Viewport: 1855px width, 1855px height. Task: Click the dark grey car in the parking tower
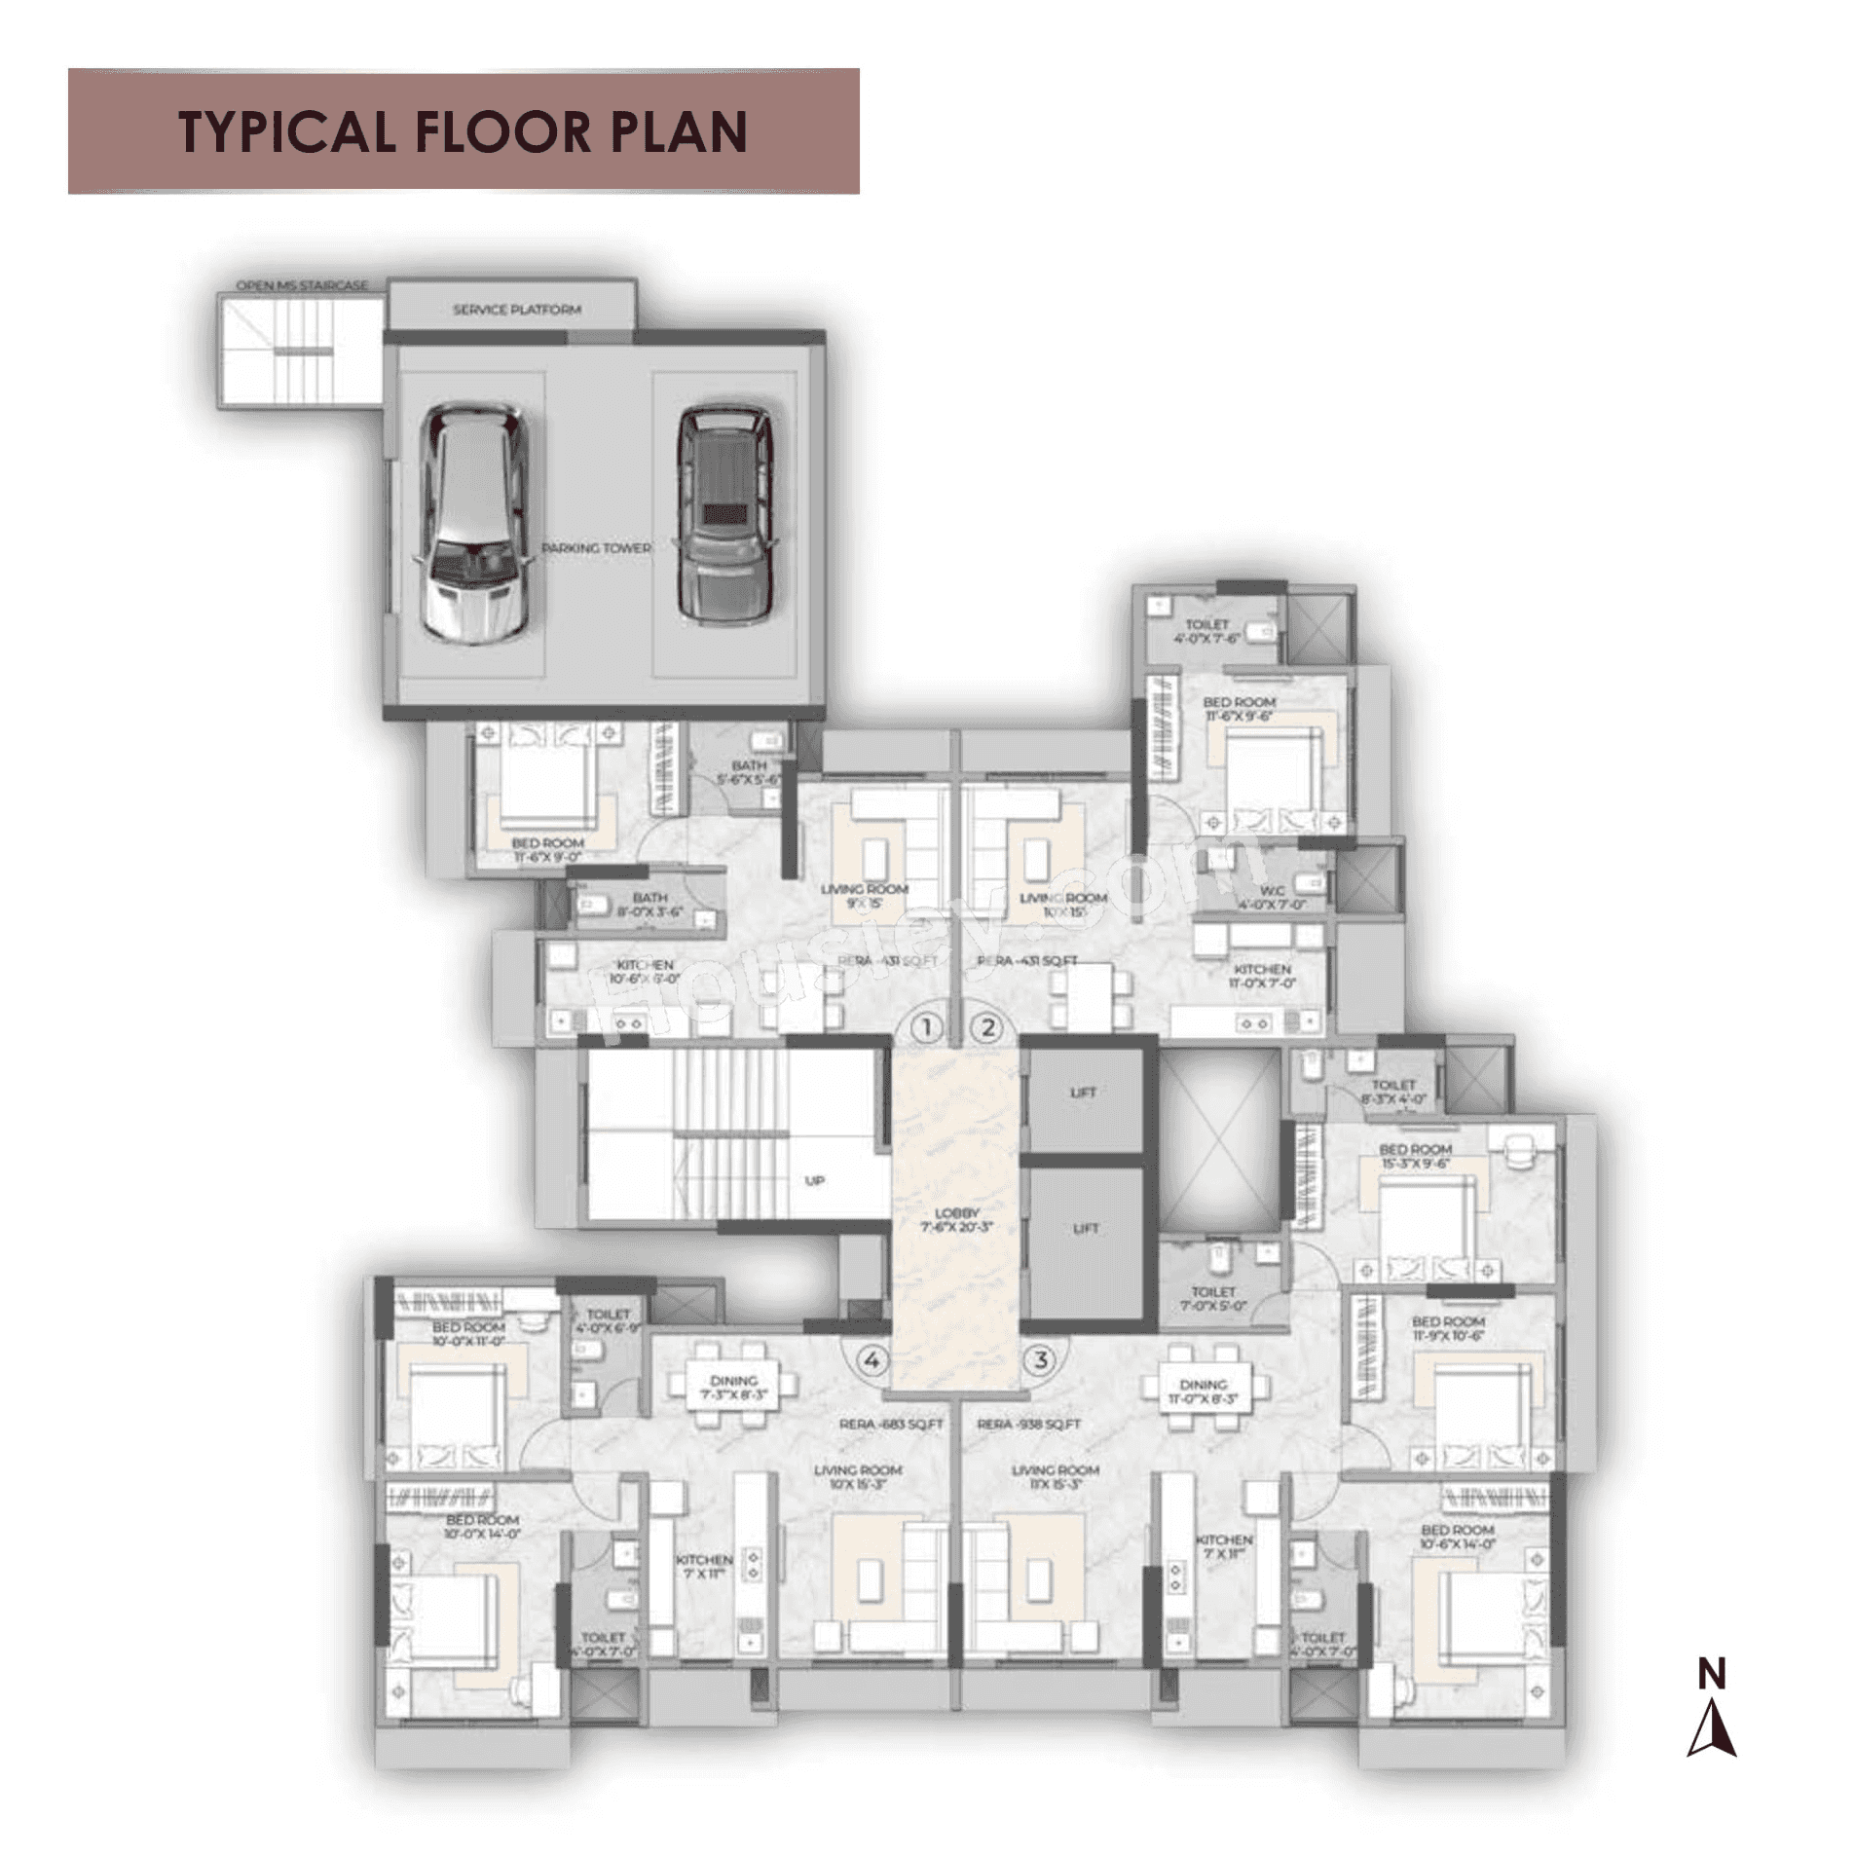click(x=724, y=515)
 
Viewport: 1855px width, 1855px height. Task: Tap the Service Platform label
click(x=516, y=310)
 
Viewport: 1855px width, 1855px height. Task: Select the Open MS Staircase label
click(x=302, y=285)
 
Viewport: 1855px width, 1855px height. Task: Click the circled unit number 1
click(x=927, y=1026)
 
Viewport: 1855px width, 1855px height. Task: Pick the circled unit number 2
click(x=987, y=1026)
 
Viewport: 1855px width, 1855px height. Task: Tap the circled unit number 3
click(x=1041, y=1359)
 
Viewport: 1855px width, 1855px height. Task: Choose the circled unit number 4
click(x=872, y=1359)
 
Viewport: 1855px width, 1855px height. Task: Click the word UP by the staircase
click(x=815, y=1180)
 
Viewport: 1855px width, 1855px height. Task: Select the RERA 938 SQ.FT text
click(x=1028, y=1424)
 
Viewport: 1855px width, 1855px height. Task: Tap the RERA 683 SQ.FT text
click(x=891, y=1424)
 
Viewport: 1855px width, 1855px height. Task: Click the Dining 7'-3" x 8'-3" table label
click(x=733, y=1387)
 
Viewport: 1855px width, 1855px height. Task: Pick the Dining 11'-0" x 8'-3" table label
click(x=1203, y=1391)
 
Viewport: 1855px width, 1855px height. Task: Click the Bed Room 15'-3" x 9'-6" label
click(x=1414, y=1156)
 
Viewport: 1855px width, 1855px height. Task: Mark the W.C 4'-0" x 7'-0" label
click(x=1272, y=897)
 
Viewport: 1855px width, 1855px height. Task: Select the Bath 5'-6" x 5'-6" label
click(x=749, y=772)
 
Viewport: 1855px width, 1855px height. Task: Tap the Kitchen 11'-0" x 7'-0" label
click(x=1262, y=976)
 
